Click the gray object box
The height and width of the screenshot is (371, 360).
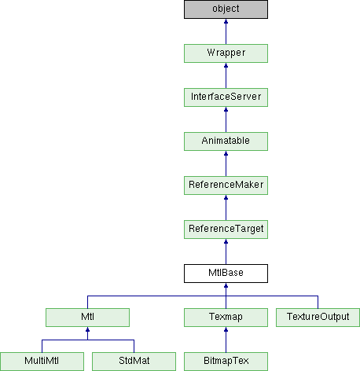tap(226, 9)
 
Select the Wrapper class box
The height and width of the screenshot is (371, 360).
tap(226, 53)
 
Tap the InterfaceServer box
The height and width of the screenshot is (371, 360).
tap(226, 97)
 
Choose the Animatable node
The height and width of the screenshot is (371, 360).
tap(226, 141)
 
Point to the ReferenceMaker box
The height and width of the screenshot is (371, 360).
tap(226, 185)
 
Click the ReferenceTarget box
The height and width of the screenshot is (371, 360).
tap(226, 230)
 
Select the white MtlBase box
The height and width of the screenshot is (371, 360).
tap(226, 274)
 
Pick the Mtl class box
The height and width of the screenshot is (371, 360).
tap(87, 318)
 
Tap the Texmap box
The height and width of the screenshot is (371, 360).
tap(226, 318)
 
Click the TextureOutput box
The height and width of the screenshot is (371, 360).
tap(318, 318)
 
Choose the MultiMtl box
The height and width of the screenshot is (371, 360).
tap(42, 362)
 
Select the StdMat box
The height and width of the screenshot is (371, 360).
tap(134, 362)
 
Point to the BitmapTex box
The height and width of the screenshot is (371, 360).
tap(226, 362)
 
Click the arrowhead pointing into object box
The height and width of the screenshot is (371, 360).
tap(226, 21)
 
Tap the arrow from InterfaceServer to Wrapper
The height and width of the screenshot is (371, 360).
tap(226, 75)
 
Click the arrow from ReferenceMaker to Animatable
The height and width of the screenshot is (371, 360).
tap(226, 163)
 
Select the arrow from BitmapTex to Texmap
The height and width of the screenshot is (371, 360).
tap(226, 340)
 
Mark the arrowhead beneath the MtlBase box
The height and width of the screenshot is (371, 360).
tap(226, 285)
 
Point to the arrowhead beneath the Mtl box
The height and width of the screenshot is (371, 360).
tap(87, 329)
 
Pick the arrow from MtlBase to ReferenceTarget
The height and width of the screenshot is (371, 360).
tap(226, 252)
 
